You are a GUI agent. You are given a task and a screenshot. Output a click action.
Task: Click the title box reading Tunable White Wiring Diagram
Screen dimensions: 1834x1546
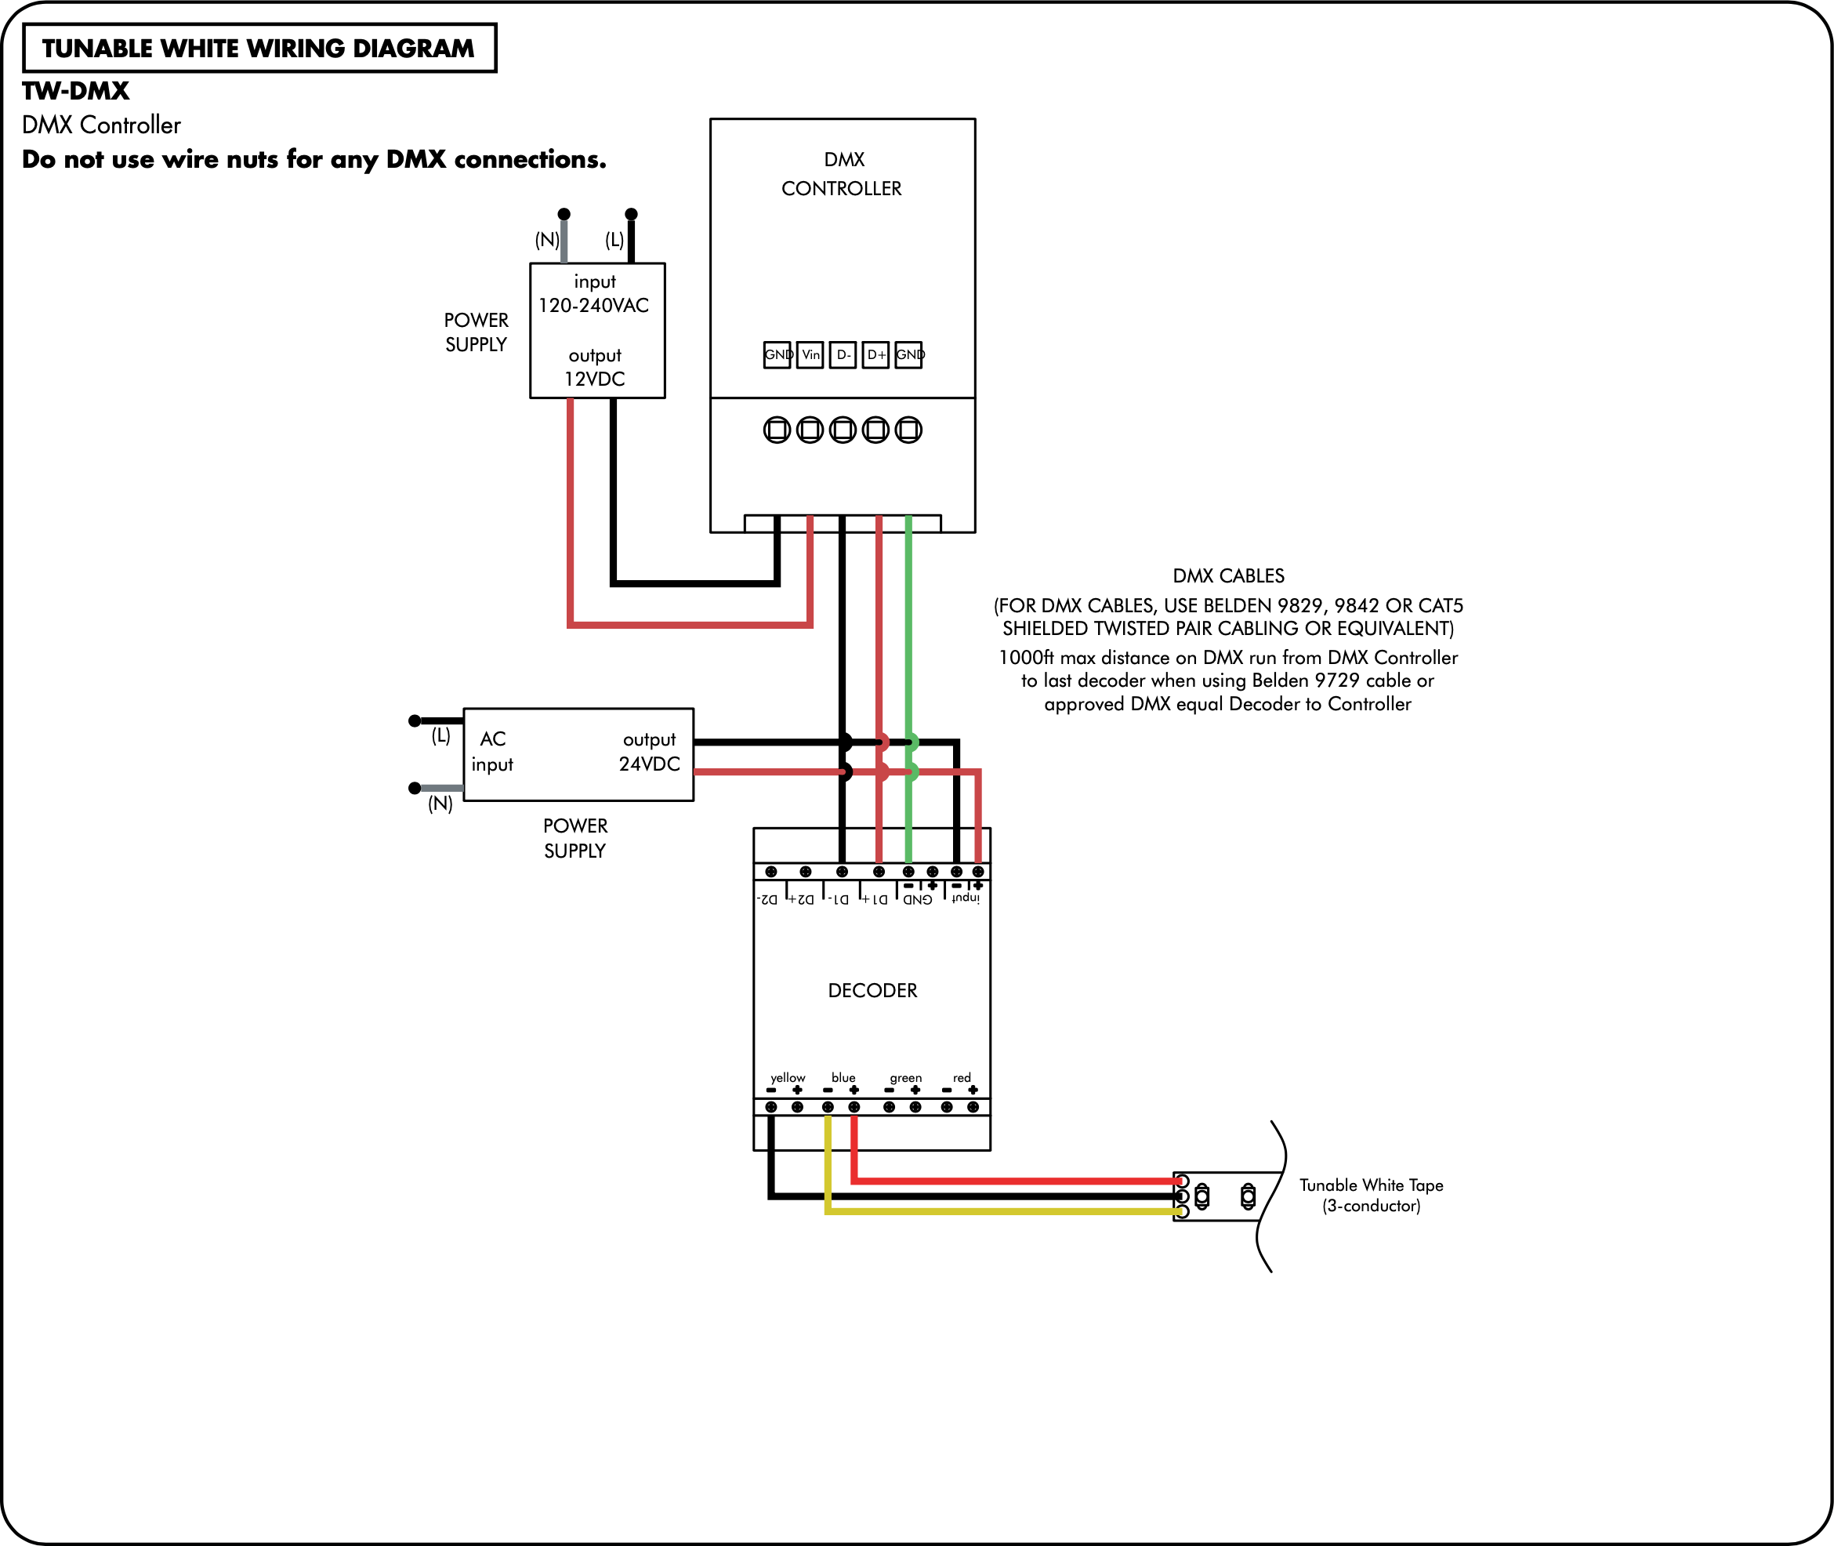tap(259, 48)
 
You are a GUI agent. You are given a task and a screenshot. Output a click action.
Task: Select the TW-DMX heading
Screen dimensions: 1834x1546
tap(75, 91)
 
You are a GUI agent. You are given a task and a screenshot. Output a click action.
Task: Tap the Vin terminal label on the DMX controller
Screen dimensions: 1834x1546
tap(810, 355)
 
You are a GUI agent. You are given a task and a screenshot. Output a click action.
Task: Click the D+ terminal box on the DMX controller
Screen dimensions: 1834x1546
tap(875, 355)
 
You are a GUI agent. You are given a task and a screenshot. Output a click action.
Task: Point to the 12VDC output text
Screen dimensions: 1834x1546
tap(595, 379)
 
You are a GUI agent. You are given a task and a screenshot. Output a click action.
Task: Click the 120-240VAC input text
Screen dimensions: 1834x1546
tap(594, 305)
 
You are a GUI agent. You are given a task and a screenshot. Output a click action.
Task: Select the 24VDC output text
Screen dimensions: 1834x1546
tap(649, 764)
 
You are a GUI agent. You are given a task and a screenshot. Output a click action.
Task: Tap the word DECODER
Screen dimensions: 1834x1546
tap(873, 990)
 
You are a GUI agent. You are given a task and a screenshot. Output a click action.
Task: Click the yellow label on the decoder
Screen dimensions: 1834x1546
tap(788, 1077)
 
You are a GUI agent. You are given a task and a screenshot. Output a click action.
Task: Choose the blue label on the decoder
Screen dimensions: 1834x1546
tap(844, 1077)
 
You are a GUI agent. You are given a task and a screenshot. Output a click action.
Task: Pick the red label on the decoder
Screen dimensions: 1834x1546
tap(962, 1078)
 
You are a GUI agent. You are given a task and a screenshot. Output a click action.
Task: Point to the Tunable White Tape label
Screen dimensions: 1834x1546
tap(1372, 1185)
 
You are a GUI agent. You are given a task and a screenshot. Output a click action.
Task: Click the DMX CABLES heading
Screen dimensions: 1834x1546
tap(1228, 575)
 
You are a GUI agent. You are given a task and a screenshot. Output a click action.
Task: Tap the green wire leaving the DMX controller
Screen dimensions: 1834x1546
tap(908, 689)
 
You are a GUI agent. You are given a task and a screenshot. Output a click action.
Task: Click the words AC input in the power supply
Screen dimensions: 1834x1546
tap(492, 751)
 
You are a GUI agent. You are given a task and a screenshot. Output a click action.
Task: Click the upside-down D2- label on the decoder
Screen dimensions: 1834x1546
tap(767, 899)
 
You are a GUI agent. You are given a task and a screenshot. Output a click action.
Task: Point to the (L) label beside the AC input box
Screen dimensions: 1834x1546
tap(440, 735)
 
